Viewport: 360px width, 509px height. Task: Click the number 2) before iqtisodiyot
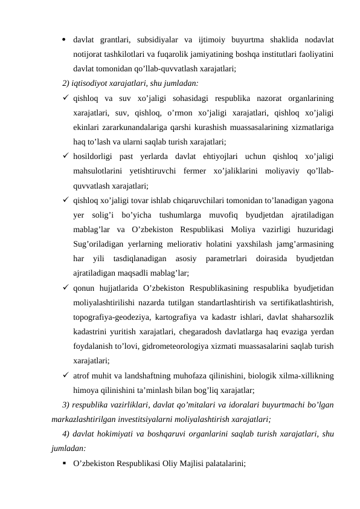point(66,83)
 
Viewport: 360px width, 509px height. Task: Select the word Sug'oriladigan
point(97,244)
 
